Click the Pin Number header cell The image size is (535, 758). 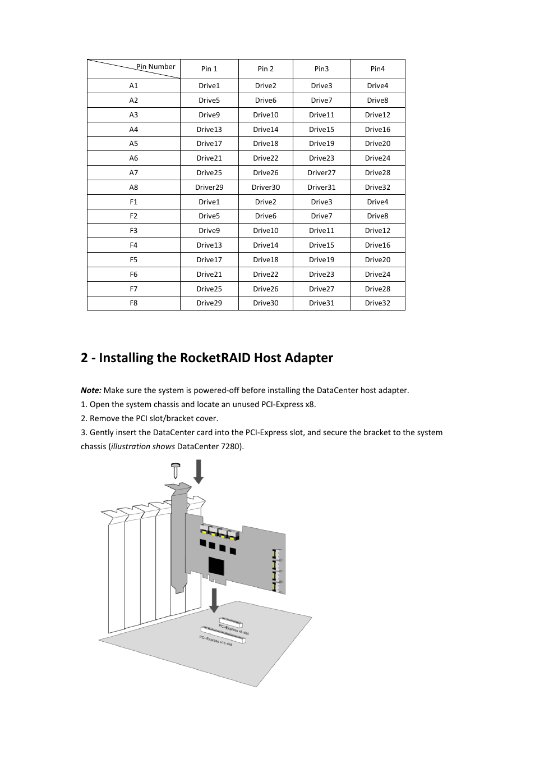pyautogui.click(x=155, y=67)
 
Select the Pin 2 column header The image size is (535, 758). pyautogui.click(x=265, y=69)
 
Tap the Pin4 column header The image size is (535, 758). pyautogui.click(x=377, y=69)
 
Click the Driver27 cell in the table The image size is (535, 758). pyautogui.click(x=321, y=173)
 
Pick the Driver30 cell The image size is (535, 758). pyautogui.click(x=265, y=188)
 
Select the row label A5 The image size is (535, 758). pyautogui.click(x=133, y=144)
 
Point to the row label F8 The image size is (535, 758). pyautogui.click(x=133, y=303)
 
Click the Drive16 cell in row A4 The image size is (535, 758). pyautogui.click(x=377, y=130)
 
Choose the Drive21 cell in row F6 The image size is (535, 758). pyautogui.click(x=209, y=275)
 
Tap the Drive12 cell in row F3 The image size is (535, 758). pyautogui.click(x=377, y=231)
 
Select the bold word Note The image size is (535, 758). pyautogui.click(x=90, y=391)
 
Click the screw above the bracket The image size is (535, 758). pyautogui.click(x=176, y=470)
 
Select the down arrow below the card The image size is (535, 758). pyautogui.click(x=214, y=600)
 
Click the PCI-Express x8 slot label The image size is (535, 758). pyautogui.click(x=234, y=629)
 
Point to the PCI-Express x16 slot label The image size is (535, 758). pyautogui.click(x=216, y=641)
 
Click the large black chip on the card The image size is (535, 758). pyautogui.click(x=216, y=565)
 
